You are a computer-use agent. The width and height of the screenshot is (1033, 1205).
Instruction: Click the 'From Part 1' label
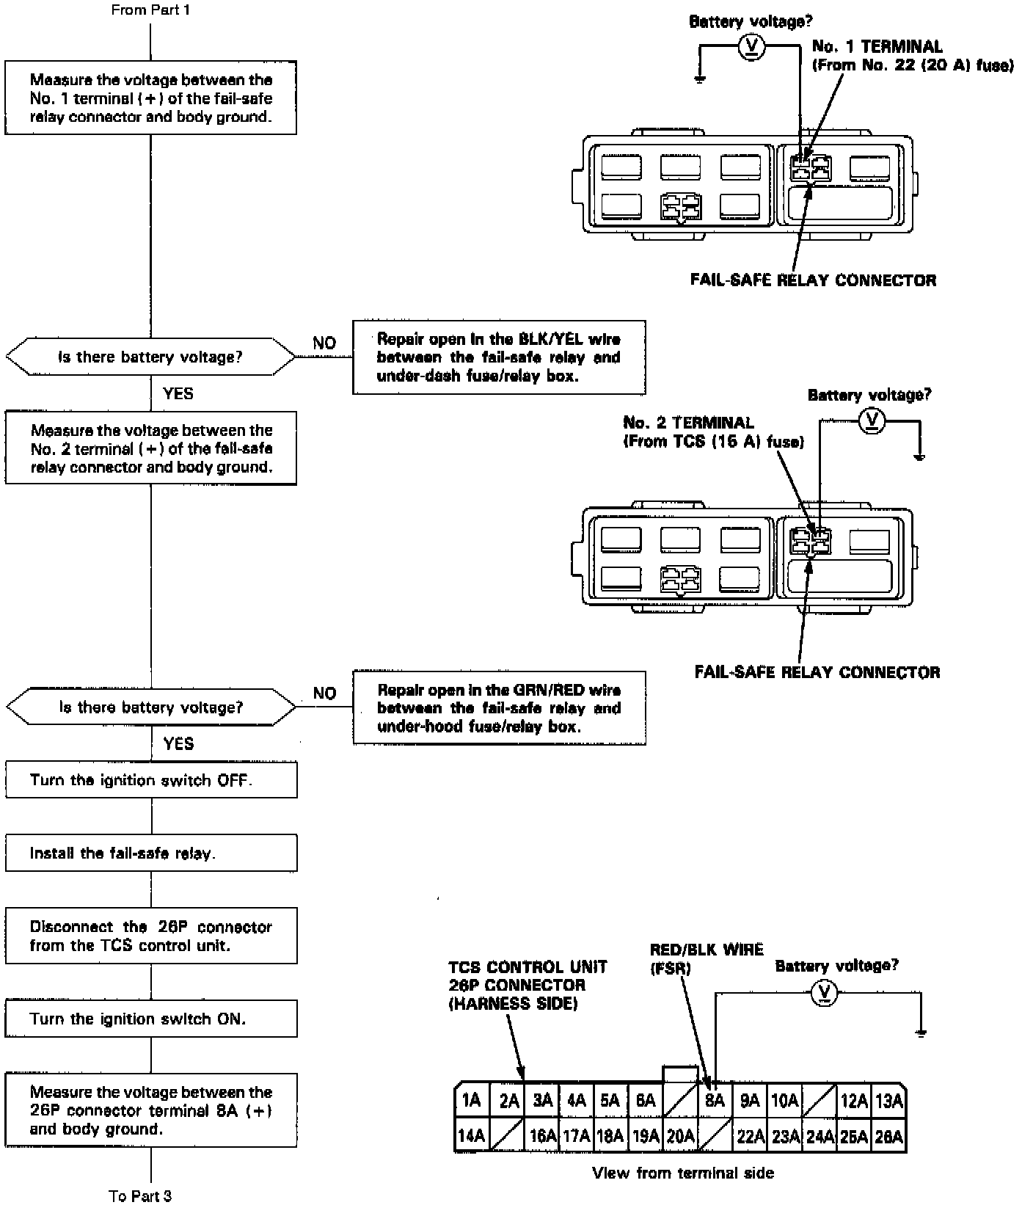tap(150, 10)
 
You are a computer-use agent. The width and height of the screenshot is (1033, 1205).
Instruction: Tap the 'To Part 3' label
tap(140, 1196)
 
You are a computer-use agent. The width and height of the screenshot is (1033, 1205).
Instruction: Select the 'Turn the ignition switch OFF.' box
tap(151, 780)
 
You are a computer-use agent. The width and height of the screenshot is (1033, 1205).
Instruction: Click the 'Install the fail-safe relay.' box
tap(151, 853)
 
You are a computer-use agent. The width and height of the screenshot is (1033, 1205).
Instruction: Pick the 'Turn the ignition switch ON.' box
tap(151, 1019)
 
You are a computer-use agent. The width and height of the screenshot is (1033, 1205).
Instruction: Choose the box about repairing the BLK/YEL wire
tap(499, 357)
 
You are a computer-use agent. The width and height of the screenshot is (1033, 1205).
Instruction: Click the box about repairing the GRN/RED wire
tap(499, 708)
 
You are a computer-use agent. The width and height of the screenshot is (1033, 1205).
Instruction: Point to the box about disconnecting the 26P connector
tap(151, 936)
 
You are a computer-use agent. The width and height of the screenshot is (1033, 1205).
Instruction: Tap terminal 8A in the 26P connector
tap(715, 1101)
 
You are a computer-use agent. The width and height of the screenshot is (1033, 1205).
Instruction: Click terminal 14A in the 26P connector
tap(471, 1136)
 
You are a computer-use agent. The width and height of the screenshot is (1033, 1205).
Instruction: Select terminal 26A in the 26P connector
tap(888, 1136)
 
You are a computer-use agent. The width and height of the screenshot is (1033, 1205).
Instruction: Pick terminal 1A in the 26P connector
tap(471, 1101)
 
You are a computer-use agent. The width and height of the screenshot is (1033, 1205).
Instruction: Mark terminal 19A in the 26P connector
tap(646, 1136)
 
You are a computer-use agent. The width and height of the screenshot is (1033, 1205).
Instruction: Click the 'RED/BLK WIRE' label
tap(706, 950)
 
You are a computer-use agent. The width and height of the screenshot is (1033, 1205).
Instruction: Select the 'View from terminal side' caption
tap(682, 1173)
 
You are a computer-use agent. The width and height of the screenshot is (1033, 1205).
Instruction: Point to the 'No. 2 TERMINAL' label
tap(688, 423)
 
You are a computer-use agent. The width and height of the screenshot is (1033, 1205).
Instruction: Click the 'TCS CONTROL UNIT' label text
tap(528, 967)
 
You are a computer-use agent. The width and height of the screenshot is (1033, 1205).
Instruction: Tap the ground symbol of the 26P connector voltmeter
tap(921, 1033)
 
